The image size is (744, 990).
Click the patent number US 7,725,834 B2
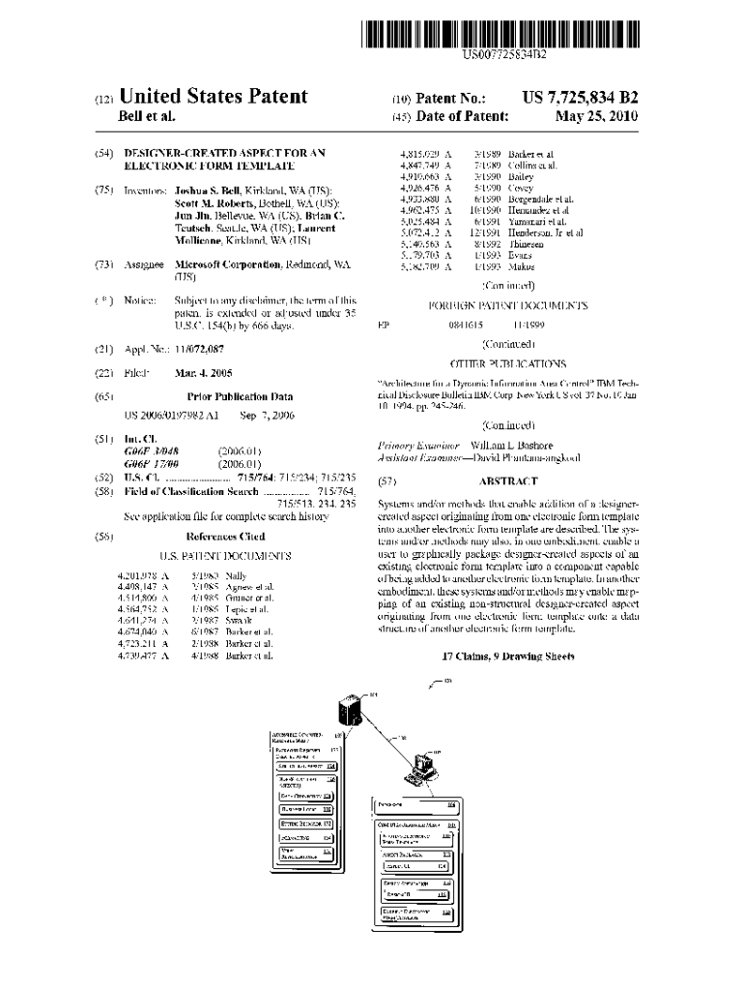tap(580, 98)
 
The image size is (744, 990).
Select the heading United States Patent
tap(213, 97)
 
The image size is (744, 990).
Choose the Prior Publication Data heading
tap(240, 396)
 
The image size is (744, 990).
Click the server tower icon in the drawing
tap(351, 711)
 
